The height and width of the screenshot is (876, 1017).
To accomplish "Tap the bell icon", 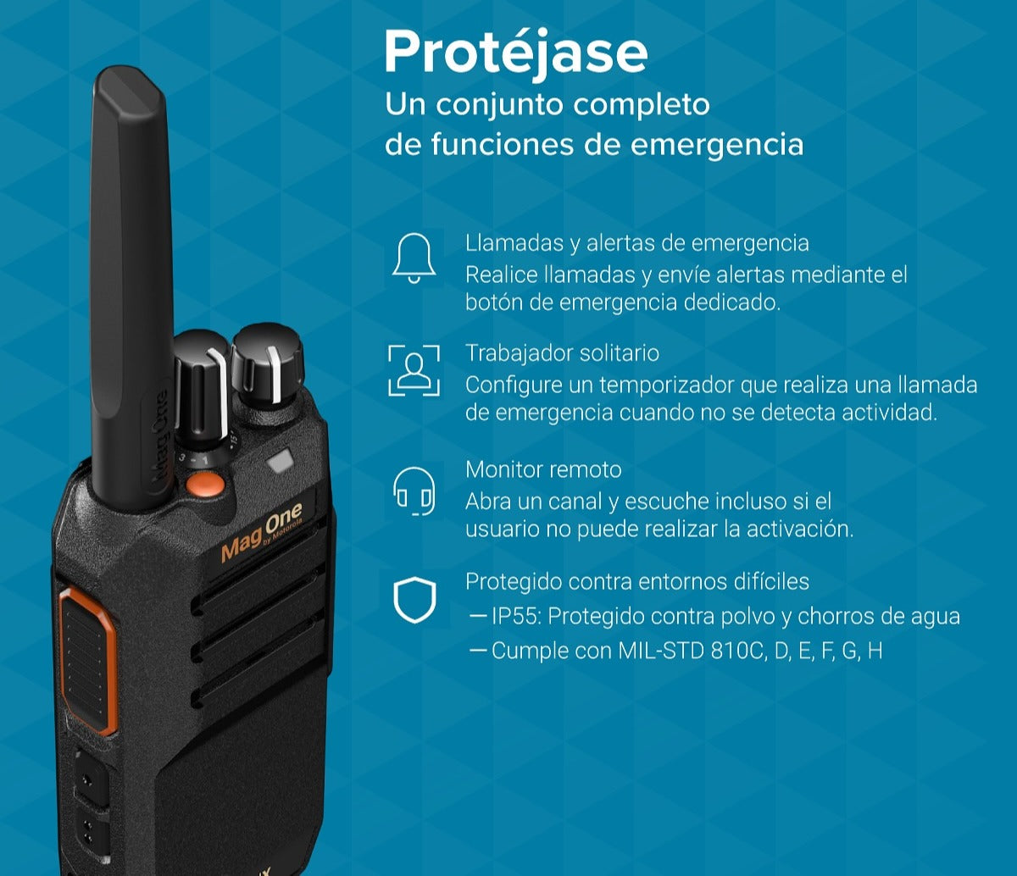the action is [414, 258].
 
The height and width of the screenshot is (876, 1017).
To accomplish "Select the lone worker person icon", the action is [414, 370].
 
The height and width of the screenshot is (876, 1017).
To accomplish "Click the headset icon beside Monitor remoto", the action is [414, 491].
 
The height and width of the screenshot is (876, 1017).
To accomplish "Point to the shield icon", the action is [414, 599].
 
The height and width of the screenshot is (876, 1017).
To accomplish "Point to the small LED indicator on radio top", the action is [280, 460].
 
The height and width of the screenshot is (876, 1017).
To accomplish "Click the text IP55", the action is [516, 616].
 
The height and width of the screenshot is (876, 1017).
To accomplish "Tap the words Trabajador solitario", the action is [563, 353].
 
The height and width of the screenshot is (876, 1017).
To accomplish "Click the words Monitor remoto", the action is [543, 469].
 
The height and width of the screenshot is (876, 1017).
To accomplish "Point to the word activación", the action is [800, 529].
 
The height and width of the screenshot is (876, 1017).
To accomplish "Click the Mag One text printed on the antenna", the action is [158, 435].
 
